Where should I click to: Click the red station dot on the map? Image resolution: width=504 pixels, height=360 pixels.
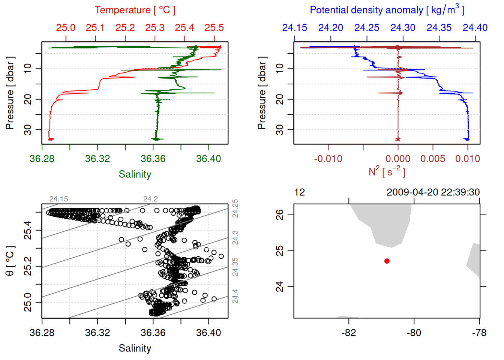tap(387, 261)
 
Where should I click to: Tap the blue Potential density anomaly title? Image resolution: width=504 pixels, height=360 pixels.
tap(387, 10)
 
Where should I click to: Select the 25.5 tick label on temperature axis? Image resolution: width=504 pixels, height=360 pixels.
tap(214, 28)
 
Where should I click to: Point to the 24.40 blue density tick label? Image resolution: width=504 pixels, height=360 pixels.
tap(475, 28)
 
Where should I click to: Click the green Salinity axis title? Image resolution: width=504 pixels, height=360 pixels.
tap(135, 174)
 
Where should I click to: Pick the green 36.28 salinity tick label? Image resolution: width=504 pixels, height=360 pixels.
tap(42, 159)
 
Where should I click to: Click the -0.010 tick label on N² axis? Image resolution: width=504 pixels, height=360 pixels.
tap(328, 159)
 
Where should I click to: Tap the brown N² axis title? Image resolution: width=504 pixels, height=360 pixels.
tap(387, 171)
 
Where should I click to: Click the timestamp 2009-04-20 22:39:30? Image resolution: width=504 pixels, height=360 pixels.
tap(433, 192)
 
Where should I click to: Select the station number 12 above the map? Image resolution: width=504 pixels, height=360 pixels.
tap(300, 192)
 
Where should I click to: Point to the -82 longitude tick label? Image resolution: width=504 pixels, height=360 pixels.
tap(349, 333)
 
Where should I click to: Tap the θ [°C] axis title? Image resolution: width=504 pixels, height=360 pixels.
tap(10, 261)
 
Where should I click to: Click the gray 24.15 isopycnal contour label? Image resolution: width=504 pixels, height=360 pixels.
tap(58, 199)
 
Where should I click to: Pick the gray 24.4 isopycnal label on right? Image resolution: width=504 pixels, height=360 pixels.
tap(235, 296)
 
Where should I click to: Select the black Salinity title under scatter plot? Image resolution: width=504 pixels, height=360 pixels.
tap(135, 348)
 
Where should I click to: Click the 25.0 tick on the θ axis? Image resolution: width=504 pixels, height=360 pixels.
tap(28, 302)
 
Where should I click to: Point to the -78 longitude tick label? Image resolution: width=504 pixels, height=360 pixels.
tap(479, 333)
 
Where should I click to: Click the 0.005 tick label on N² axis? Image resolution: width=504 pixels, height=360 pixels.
tap(433, 159)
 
